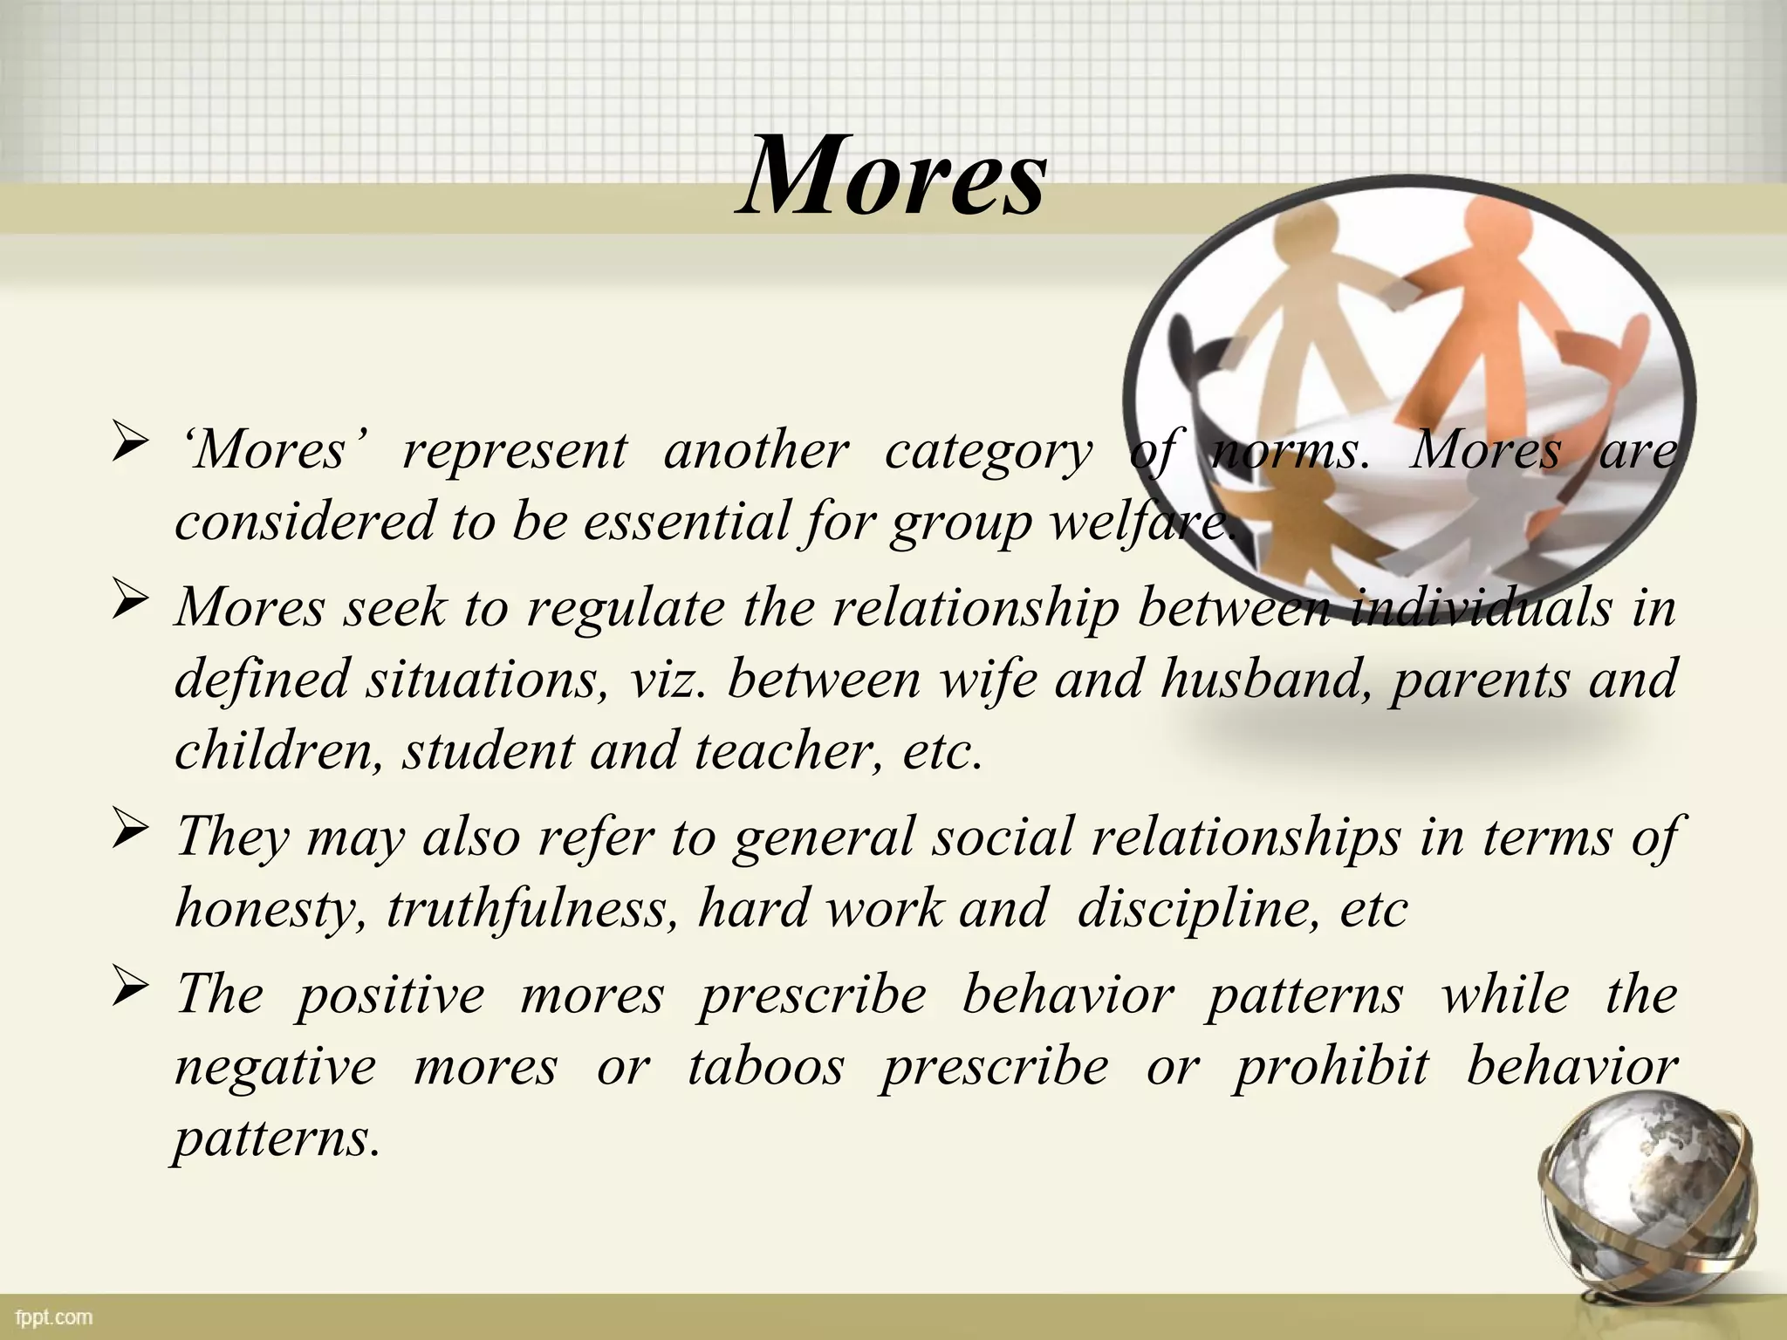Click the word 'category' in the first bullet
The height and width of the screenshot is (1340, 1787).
988,451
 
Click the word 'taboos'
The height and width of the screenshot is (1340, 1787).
766,1066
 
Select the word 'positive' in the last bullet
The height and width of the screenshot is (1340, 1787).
389,995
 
